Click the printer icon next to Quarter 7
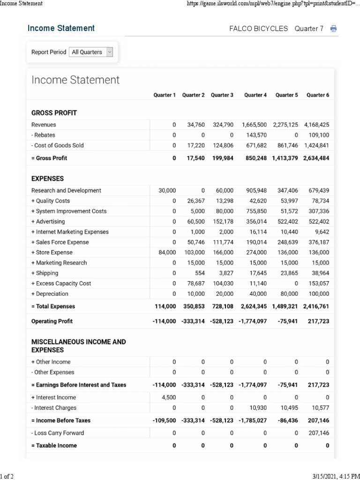[x=333, y=29]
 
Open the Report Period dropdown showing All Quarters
[x=91, y=52]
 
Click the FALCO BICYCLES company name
[x=258, y=29]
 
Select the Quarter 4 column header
[x=255, y=95]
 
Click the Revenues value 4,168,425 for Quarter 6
[x=316, y=125]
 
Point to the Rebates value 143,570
[x=256, y=135]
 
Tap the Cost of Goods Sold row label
[x=57, y=145]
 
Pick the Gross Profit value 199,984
[x=223, y=158]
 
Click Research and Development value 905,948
[x=256, y=191]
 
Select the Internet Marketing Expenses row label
[x=69, y=232]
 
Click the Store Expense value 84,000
[x=167, y=253]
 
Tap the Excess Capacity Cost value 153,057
[x=318, y=284]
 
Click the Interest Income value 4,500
[x=169, y=397]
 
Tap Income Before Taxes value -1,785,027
[x=253, y=420]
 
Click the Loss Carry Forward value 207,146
[x=318, y=433]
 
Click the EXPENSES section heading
[x=47, y=179]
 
